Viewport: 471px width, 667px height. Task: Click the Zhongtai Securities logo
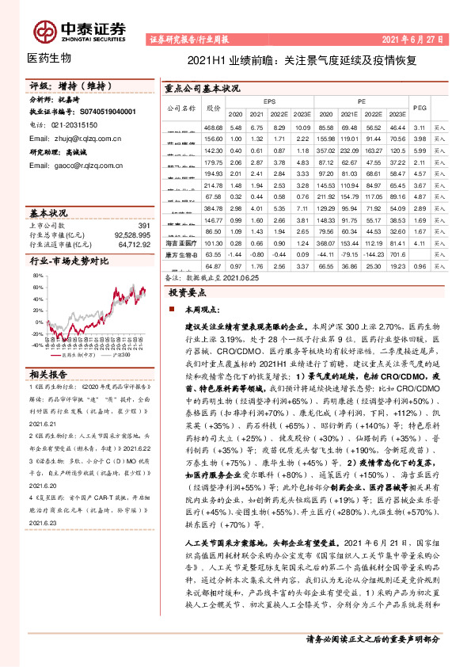(x=79, y=30)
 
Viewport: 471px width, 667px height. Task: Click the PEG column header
(x=420, y=107)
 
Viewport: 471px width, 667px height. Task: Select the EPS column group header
(x=270, y=101)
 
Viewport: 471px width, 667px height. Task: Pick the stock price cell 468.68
(x=213, y=128)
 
